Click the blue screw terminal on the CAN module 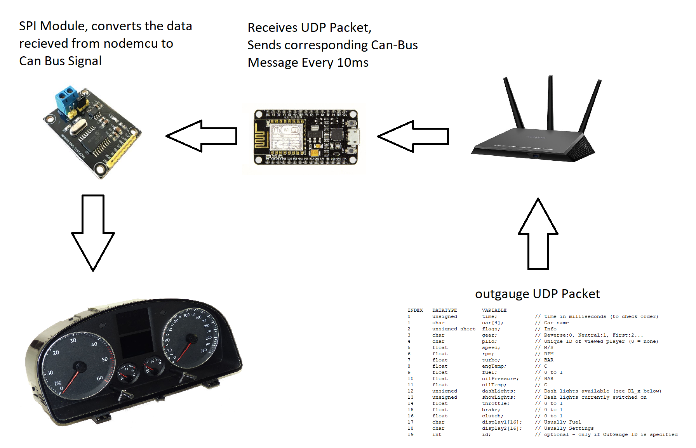[x=66, y=97]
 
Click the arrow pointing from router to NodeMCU [x=413, y=136]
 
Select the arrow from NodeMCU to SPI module [x=202, y=136]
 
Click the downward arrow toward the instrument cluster [x=93, y=233]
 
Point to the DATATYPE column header [x=444, y=310]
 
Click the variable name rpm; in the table [x=488, y=354]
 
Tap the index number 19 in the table [x=411, y=434]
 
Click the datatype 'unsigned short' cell [x=454, y=329]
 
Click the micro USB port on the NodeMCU [x=355, y=137]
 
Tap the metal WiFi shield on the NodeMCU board [x=287, y=137]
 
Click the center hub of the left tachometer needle [x=80, y=366]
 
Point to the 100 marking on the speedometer [x=186, y=315]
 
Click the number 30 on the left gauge [x=73, y=340]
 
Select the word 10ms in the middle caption [x=353, y=63]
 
